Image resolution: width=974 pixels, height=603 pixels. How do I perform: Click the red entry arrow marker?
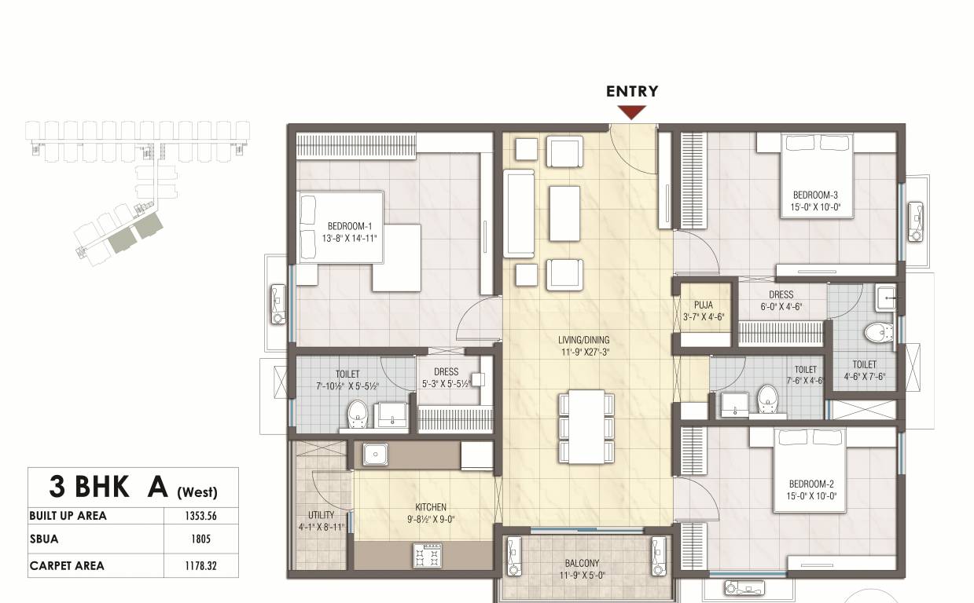coord(632,112)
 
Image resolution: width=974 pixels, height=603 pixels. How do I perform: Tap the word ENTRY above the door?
coord(632,91)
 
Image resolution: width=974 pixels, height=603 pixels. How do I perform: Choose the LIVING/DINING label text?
coord(584,340)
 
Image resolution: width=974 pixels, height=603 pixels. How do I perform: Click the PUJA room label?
coord(703,305)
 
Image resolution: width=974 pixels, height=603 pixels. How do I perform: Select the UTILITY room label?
coord(321,515)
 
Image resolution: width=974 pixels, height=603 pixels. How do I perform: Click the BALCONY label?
coord(582,563)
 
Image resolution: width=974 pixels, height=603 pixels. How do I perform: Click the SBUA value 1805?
coord(201,540)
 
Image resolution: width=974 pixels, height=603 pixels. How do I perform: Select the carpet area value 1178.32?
coord(201,565)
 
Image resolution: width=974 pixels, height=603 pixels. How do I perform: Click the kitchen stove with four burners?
coord(428,555)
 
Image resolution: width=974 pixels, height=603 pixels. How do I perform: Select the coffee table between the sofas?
coord(564,213)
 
